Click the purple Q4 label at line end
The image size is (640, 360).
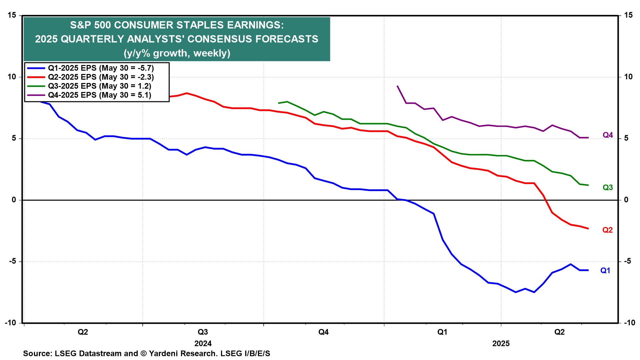[x=608, y=135]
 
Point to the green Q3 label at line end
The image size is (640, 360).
[x=608, y=188]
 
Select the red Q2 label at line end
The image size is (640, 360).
[x=607, y=230]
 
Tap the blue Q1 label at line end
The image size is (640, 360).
[x=605, y=271]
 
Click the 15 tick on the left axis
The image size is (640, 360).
[x=12, y=15]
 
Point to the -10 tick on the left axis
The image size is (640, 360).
[x=10, y=323]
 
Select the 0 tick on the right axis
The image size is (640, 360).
[x=626, y=200]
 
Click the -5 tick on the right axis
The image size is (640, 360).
[x=627, y=261]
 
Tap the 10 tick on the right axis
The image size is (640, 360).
[x=628, y=77]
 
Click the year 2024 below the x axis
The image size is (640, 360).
[x=203, y=344]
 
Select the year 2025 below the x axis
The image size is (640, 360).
[x=501, y=344]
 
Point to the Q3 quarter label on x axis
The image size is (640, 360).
[x=203, y=332]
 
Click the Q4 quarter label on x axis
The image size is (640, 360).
[x=323, y=332]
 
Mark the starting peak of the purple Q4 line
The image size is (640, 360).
[x=397, y=86]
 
